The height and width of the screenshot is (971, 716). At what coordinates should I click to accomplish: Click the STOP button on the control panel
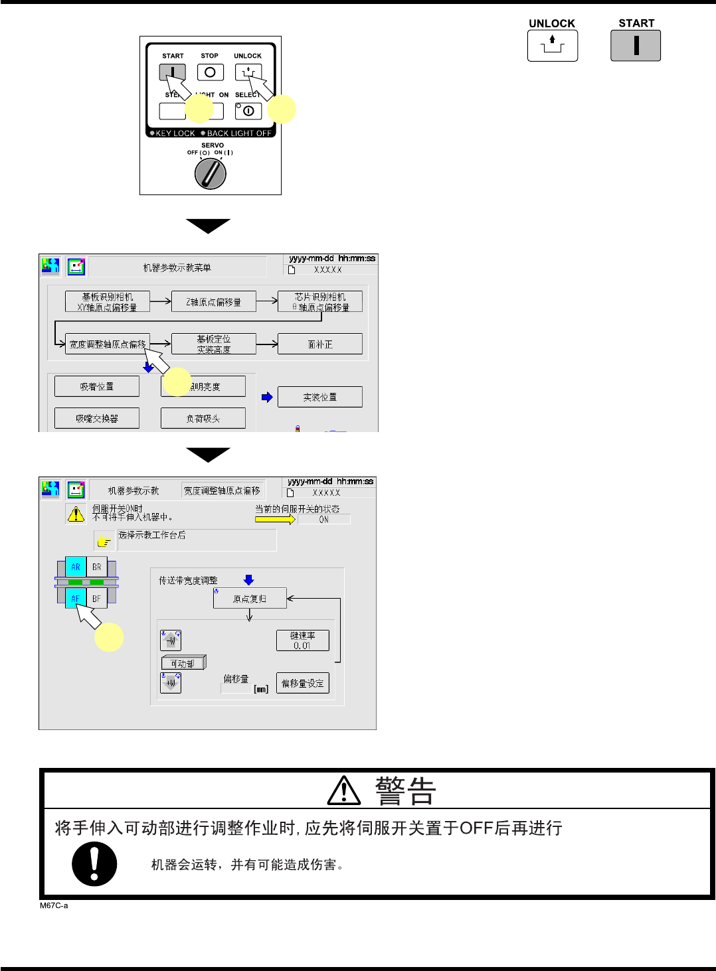(x=210, y=72)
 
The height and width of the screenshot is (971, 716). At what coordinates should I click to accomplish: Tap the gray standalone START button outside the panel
(x=636, y=46)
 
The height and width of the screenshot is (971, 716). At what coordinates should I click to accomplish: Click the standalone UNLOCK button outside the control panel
(x=552, y=46)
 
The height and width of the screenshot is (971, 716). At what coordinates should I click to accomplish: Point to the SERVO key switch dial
(x=211, y=174)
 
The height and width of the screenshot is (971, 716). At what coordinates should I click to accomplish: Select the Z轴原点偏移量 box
(x=213, y=302)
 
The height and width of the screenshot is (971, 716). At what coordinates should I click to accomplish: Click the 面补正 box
(x=319, y=344)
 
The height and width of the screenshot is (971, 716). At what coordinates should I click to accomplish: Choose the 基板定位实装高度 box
(x=213, y=344)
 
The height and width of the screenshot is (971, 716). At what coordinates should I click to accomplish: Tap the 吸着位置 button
(x=97, y=386)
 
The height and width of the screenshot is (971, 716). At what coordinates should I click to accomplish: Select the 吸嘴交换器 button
(x=97, y=418)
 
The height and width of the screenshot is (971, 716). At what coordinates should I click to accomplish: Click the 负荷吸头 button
(x=203, y=418)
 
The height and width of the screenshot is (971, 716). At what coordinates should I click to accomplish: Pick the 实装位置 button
(x=319, y=397)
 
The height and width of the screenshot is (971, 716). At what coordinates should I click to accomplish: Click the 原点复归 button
(x=249, y=599)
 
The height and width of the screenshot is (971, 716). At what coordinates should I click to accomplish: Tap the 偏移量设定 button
(x=302, y=683)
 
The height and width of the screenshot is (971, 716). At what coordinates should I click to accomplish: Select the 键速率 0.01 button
(x=302, y=640)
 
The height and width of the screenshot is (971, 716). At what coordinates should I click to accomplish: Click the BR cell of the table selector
(x=97, y=567)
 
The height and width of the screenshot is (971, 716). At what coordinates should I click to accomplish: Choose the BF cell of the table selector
(x=97, y=599)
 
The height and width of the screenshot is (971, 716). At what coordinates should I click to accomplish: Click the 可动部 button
(x=183, y=663)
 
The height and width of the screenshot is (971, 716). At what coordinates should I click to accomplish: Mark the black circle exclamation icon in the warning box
(x=94, y=864)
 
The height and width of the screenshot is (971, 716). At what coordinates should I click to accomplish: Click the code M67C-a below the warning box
(x=54, y=905)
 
